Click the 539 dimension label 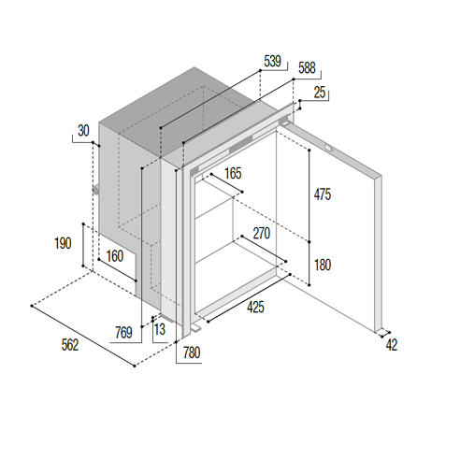(x=272, y=61)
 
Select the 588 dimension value (x=307, y=68)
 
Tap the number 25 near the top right (x=320, y=93)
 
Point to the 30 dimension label (x=83, y=131)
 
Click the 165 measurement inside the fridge (x=233, y=173)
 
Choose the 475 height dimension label (x=323, y=194)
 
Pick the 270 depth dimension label (x=262, y=234)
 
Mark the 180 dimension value (x=323, y=266)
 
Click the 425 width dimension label (x=255, y=307)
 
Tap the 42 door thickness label (x=392, y=345)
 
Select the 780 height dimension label (x=192, y=352)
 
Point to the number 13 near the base (x=160, y=329)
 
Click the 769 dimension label (x=123, y=333)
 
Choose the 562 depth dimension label (x=70, y=345)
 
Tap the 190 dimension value (x=63, y=243)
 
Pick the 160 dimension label (x=115, y=256)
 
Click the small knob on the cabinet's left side (x=95, y=190)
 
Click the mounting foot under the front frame (x=195, y=328)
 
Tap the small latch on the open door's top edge (x=329, y=148)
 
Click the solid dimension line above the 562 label (x=83, y=336)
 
